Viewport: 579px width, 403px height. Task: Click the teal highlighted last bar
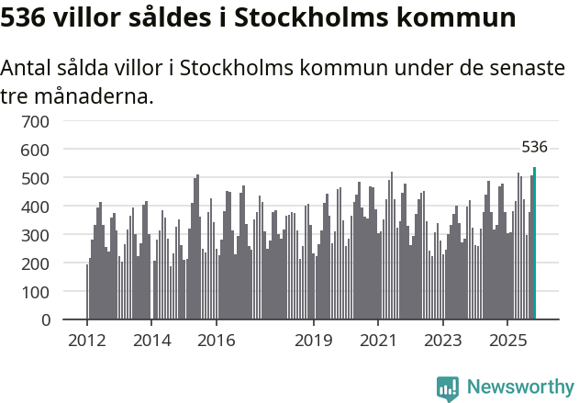(x=534, y=243)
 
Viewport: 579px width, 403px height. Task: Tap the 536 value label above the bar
(x=534, y=147)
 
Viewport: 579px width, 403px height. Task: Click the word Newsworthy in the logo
(x=519, y=387)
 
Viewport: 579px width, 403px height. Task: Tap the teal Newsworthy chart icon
(x=448, y=388)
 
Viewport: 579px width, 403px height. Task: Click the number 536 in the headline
(x=27, y=17)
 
